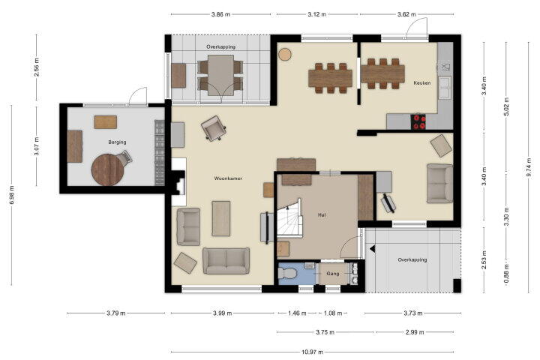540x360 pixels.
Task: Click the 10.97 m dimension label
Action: [312, 352]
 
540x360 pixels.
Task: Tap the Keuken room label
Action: [421, 82]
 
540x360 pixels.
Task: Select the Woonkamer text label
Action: [228, 178]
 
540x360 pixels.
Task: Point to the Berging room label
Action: [117, 142]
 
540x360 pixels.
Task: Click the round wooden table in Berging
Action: [108, 169]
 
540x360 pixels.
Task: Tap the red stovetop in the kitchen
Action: [418, 122]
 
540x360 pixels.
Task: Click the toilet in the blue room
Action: [287, 274]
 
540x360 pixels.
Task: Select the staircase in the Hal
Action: [289, 217]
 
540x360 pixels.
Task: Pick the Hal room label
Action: [322, 214]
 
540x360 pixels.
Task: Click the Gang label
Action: [333, 274]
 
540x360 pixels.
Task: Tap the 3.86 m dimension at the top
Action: [220, 14]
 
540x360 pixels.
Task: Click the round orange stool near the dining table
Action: [285, 55]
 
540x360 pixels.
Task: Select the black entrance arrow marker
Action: [372, 249]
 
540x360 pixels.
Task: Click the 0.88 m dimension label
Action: [506, 274]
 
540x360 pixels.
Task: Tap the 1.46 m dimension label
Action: [297, 313]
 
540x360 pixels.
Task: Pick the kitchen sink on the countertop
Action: [444, 86]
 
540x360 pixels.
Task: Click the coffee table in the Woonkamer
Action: [220, 219]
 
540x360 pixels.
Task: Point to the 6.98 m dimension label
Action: [12, 195]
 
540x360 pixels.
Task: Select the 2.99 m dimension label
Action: [414, 332]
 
